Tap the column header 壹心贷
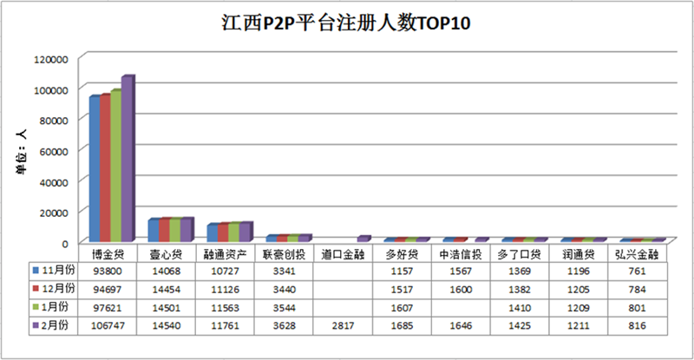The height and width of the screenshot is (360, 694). [165, 254]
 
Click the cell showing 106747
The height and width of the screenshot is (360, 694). [107, 326]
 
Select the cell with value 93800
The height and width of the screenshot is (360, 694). [107, 270]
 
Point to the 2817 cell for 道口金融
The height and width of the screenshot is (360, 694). [340, 326]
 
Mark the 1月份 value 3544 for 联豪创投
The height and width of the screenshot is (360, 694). [281, 307]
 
